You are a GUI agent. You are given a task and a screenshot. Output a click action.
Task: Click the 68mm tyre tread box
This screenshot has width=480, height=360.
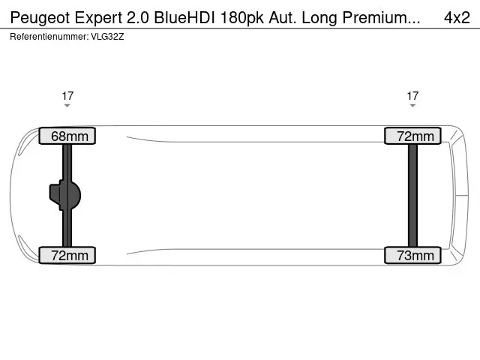[x=67, y=136]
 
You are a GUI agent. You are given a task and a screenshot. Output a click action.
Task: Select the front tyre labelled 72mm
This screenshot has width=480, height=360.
[x=67, y=255]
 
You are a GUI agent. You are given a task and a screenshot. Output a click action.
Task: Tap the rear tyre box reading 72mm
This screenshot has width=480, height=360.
[x=412, y=136]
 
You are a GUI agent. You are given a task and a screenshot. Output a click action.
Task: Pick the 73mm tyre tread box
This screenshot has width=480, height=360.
[x=412, y=255]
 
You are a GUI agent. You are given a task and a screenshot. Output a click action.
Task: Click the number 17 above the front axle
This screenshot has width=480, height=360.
[x=67, y=96]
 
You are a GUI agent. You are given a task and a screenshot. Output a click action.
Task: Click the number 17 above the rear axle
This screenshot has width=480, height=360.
[x=412, y=96]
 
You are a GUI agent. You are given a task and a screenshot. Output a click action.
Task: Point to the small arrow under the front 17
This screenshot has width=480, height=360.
[x=67, y=106]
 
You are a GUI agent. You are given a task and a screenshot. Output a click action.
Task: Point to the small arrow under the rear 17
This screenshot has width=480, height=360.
[x=412, y=106]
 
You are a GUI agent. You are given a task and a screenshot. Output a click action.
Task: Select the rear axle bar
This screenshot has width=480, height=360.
[x=412, y=195]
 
